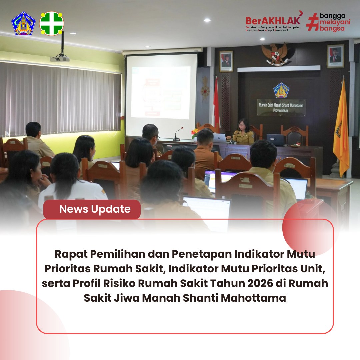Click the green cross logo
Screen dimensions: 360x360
coord(52,23)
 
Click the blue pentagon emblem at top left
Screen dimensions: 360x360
coord(23,24)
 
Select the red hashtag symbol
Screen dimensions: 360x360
coord(312,22)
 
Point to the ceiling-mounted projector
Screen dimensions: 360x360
coord(60,59)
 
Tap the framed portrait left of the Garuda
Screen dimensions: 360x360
coord(226,61)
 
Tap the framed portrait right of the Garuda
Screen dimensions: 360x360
coord(335,56)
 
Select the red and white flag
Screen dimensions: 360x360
coord(216,103)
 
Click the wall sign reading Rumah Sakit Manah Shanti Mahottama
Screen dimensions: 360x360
coord(281,108)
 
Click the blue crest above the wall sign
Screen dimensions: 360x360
coord(281,90)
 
